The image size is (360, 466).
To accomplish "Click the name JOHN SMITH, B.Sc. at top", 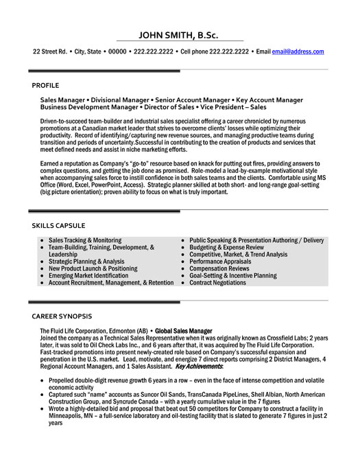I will point(180,35).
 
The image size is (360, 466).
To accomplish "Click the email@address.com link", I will point(298,51).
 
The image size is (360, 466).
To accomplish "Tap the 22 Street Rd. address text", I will point(49,51).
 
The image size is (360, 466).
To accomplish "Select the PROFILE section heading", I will point(46,85).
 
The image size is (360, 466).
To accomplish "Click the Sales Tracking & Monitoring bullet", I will point(85,240).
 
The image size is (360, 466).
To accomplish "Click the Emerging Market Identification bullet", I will point(93,275).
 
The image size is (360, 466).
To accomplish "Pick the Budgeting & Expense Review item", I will point(226,247).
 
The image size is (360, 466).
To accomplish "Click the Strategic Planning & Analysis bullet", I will point(86,261).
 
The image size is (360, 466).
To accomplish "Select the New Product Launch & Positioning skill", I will point(93,268).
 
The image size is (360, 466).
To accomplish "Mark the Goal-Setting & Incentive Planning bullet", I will point(233,275).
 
